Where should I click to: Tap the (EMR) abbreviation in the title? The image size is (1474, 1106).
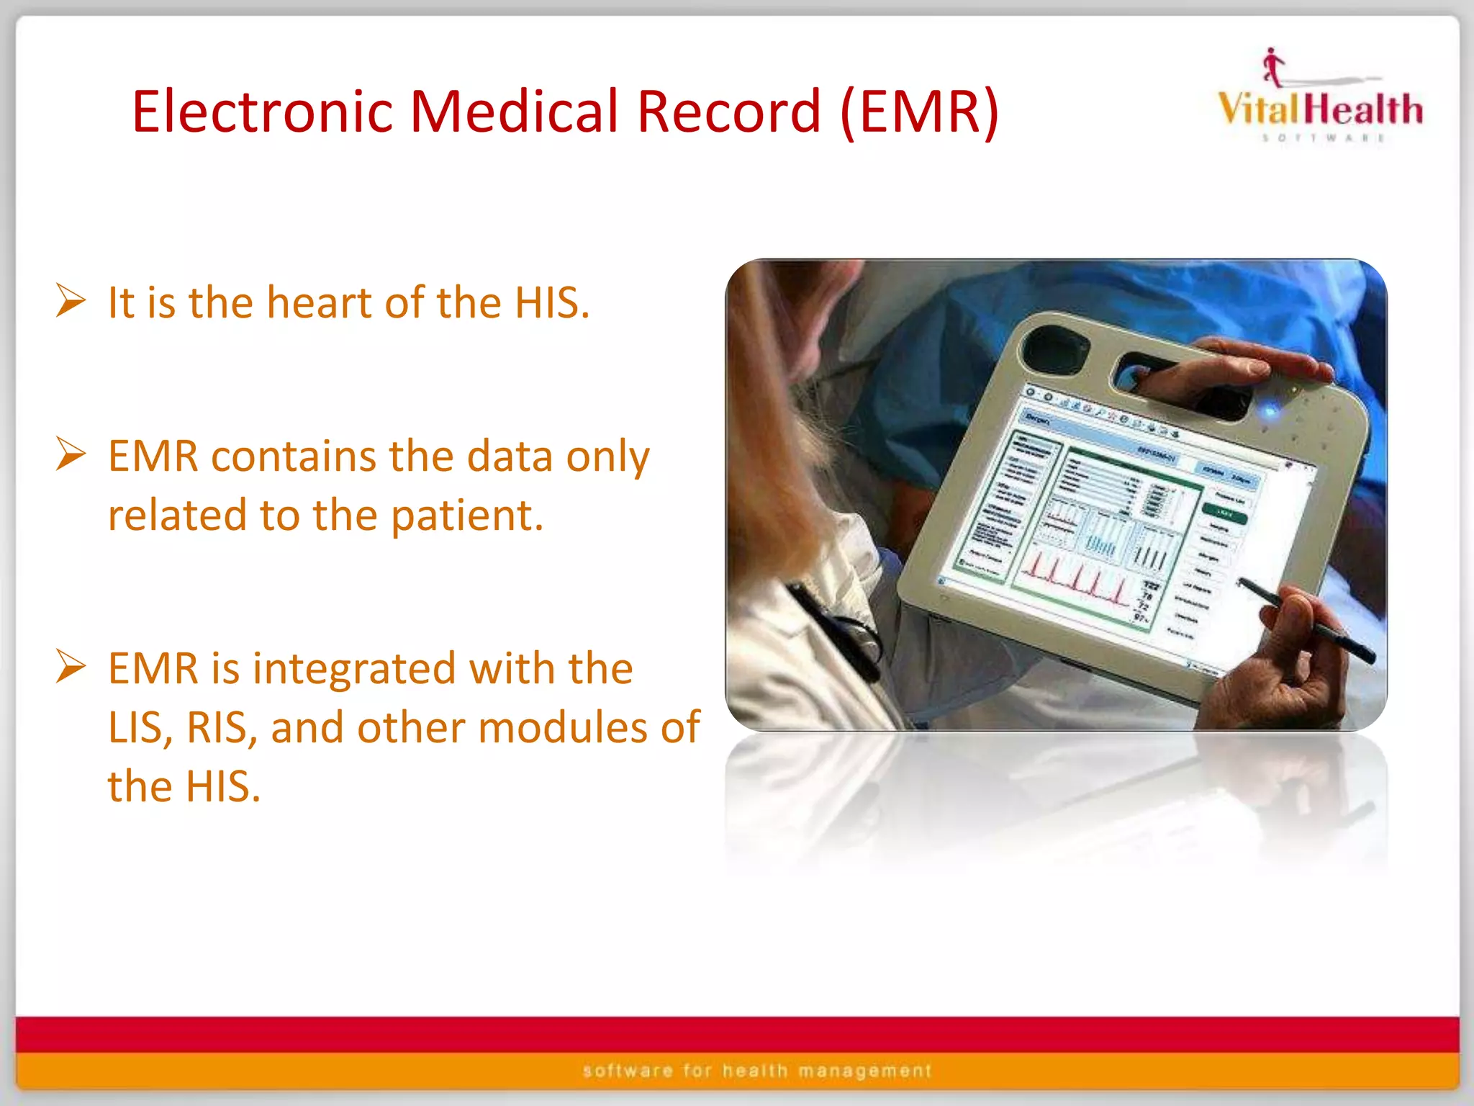920,112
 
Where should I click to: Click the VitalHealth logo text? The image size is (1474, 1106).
1320,109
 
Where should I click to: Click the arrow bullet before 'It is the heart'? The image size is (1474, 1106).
71,301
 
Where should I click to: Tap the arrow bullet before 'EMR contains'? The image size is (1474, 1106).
71,455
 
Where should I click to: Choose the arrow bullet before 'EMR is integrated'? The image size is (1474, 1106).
71,667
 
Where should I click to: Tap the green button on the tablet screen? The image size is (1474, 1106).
1224,513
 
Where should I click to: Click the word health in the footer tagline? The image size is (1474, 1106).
755,1071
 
